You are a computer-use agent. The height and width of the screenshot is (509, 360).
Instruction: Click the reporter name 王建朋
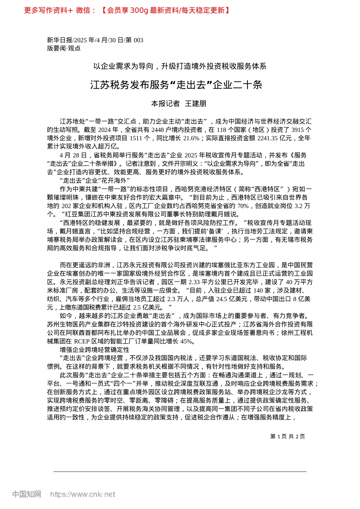click(195, 103)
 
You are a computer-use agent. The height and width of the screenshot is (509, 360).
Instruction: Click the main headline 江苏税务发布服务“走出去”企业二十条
click(176, 84)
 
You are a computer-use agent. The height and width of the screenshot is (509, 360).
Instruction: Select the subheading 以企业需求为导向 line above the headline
click(180, 66)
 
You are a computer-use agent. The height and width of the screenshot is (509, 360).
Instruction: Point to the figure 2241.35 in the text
click(267, 138)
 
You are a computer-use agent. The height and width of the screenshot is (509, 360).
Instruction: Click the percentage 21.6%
click(191, 138)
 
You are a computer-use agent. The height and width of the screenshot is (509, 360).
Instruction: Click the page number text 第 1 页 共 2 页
click(287, 436)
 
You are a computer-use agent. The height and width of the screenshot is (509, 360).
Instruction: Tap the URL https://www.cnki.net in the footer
click(83, 494)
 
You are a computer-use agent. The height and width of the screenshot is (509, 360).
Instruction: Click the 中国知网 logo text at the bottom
click(27, 494)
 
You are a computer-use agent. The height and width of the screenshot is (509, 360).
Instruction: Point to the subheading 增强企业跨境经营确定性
click(94, 350)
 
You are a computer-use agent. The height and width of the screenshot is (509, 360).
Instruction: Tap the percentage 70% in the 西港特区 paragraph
click(243, 206)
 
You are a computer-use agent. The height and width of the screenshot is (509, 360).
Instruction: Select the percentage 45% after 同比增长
click(187, 341)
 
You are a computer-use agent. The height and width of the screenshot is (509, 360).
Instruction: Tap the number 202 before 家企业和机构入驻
click(66, 206)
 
